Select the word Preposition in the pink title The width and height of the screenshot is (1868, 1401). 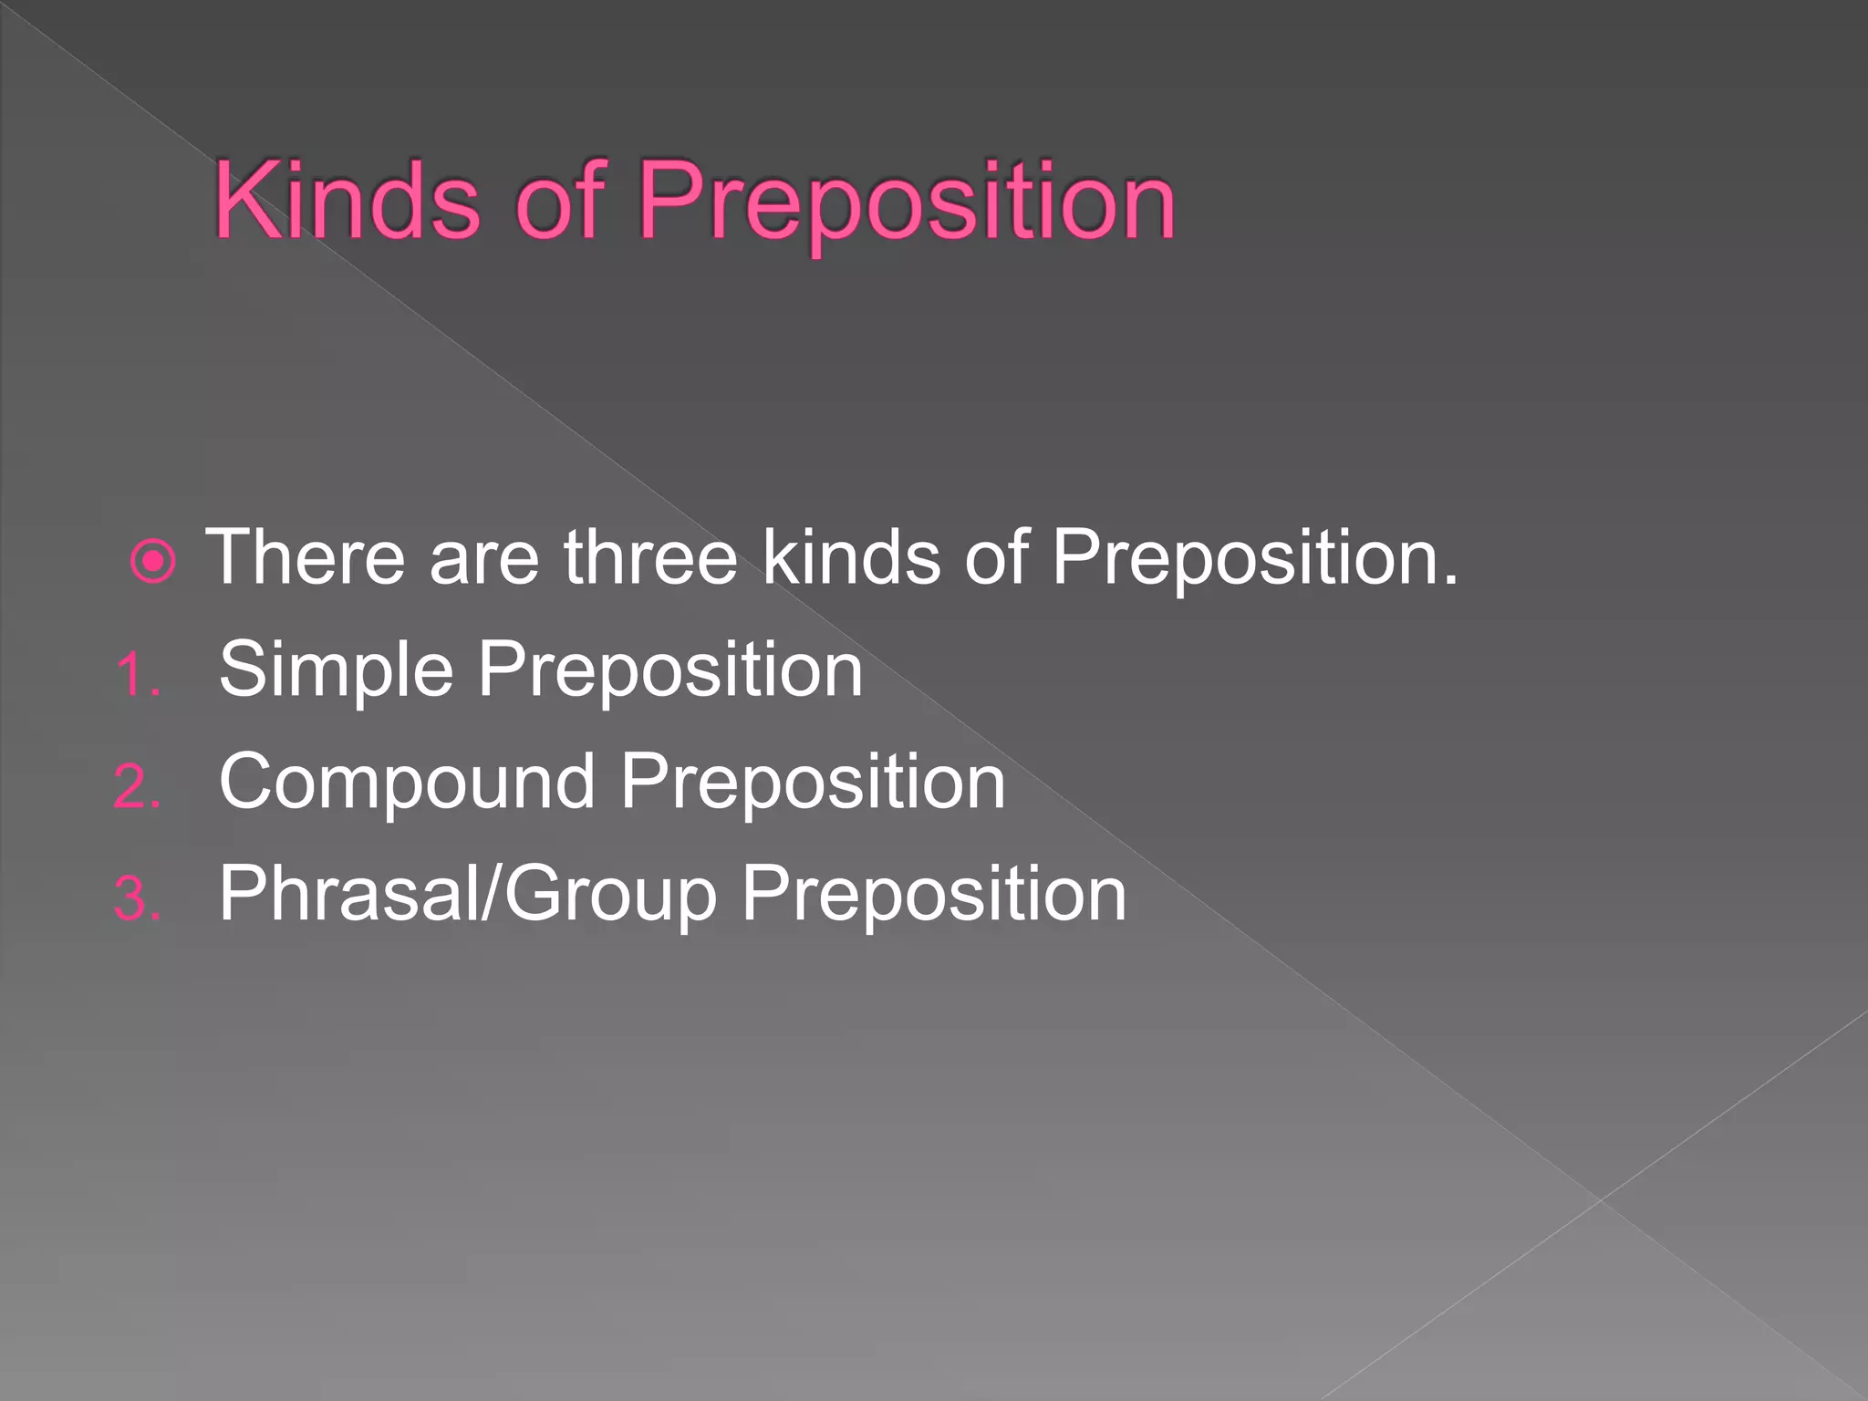pyautogui.click(x=907, y=202)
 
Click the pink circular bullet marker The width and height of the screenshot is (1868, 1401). pyautogui.click(x=152, y=561)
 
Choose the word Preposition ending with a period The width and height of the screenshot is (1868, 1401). pyautogui.click(x=1254, y=558)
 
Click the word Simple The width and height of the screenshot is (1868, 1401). pyautogui.click(x=336, y=671)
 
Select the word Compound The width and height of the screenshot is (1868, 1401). pyautogui.click(x=407, y=784)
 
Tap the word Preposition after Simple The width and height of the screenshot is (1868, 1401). pyautogui.click(x=670, y=671)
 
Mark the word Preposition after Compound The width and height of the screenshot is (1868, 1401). pyautogui.click(x=813, y=784)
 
